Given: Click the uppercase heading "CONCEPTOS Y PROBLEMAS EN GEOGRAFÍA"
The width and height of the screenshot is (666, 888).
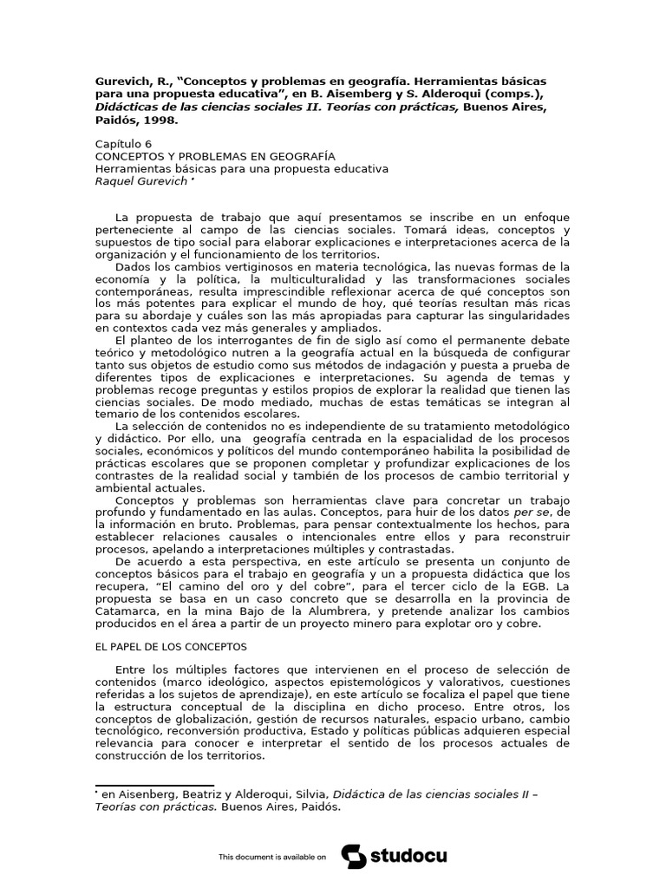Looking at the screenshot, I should pyautogui.click(x=203, y=156).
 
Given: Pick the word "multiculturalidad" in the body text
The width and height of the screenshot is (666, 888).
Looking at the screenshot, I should pyautogui.click(x=300, y=280).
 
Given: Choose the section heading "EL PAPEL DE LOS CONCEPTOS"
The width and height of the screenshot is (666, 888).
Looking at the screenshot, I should pyautogui.click(x=170, y=647).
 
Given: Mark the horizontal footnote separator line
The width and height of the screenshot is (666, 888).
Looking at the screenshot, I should pyautogui.click(x=153, y=786).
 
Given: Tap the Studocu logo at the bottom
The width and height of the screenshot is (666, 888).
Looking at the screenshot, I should pyautogui.click(x=395, y=857).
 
